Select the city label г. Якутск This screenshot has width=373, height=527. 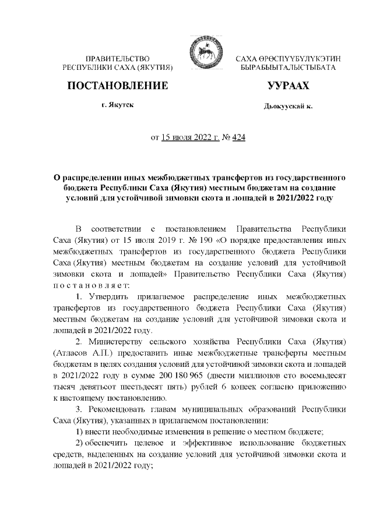[x=118, y=105]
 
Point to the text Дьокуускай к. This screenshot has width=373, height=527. [x=288, y=107]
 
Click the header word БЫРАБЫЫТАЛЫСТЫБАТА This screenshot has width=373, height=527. [x=288, y=68]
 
